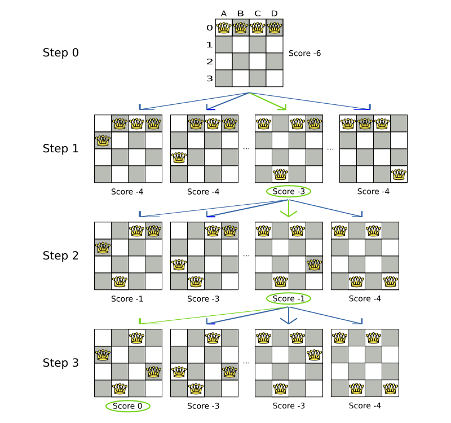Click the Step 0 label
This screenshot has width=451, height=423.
(61, 53)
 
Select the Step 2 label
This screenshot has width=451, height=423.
(61, 255)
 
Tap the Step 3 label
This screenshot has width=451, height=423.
(61, 363)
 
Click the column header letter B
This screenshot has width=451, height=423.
(240, 14)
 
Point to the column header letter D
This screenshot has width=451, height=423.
(274, 14)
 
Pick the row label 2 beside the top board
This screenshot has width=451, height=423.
(209, 61)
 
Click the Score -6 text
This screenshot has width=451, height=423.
(304, 54)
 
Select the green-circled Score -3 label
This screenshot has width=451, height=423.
(289, 192)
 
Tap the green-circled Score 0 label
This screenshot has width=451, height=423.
(128, 406)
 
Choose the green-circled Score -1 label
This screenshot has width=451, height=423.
(289, 299)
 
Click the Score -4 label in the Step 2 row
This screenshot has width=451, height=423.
(365, 299)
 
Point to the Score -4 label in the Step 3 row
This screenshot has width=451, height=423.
(365, 406)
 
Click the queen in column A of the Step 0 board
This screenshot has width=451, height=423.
(224, 27)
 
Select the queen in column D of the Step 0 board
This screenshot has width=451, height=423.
(274, 27)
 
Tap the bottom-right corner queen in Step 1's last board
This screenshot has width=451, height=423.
(399, 174)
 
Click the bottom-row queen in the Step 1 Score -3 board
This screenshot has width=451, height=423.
(280, 174)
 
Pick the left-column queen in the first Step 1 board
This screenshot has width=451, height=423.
(103, 140)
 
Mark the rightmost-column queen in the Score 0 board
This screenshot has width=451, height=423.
(153, 372)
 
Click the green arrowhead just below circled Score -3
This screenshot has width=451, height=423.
(289, 213)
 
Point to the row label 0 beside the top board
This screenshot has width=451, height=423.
(209, 28)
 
